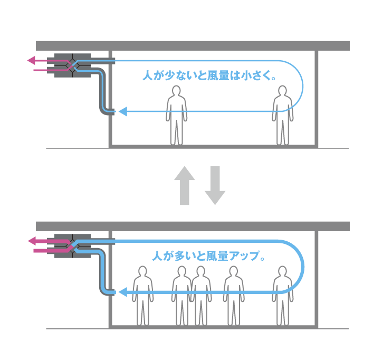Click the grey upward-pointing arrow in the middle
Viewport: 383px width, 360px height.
tap(185, 185)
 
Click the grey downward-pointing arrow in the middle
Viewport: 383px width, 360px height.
tap(215, 185)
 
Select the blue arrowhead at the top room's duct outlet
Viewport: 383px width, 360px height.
tap(123, 111)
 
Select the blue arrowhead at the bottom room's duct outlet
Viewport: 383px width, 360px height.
tap(123, 292)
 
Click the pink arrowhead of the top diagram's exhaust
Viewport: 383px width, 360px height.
tap(31, 60)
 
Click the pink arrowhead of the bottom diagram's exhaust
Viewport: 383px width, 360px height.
tap(32, 241)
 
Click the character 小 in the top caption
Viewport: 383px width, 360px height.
tap(247, 75)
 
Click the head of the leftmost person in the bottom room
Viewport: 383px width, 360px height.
tap(142, 271)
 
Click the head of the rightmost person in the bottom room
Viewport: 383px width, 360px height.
tap(283, 271)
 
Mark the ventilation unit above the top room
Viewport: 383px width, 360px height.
tap(73, 65)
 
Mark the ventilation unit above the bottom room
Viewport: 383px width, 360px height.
tap(73, 246)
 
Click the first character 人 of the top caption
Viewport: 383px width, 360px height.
tap(148, 75)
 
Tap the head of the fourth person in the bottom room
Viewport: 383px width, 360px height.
tap(234, 271)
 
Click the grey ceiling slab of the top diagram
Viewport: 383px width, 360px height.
tap(193, 46)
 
